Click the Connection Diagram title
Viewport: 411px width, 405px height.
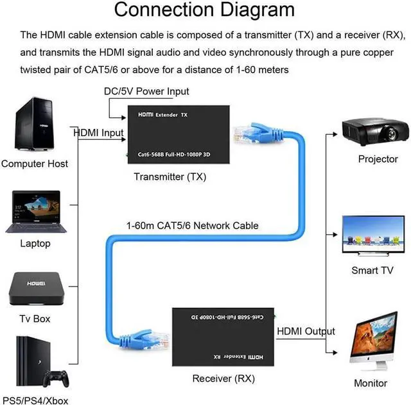205,10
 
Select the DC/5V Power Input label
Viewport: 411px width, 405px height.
146,92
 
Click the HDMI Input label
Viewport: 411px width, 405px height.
98,132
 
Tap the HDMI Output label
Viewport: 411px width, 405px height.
305,331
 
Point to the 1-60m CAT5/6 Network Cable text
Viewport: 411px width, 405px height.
193,225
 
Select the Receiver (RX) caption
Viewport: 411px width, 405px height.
223,379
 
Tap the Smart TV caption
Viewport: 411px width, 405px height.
372,270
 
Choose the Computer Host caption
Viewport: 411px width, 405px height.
35,164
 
